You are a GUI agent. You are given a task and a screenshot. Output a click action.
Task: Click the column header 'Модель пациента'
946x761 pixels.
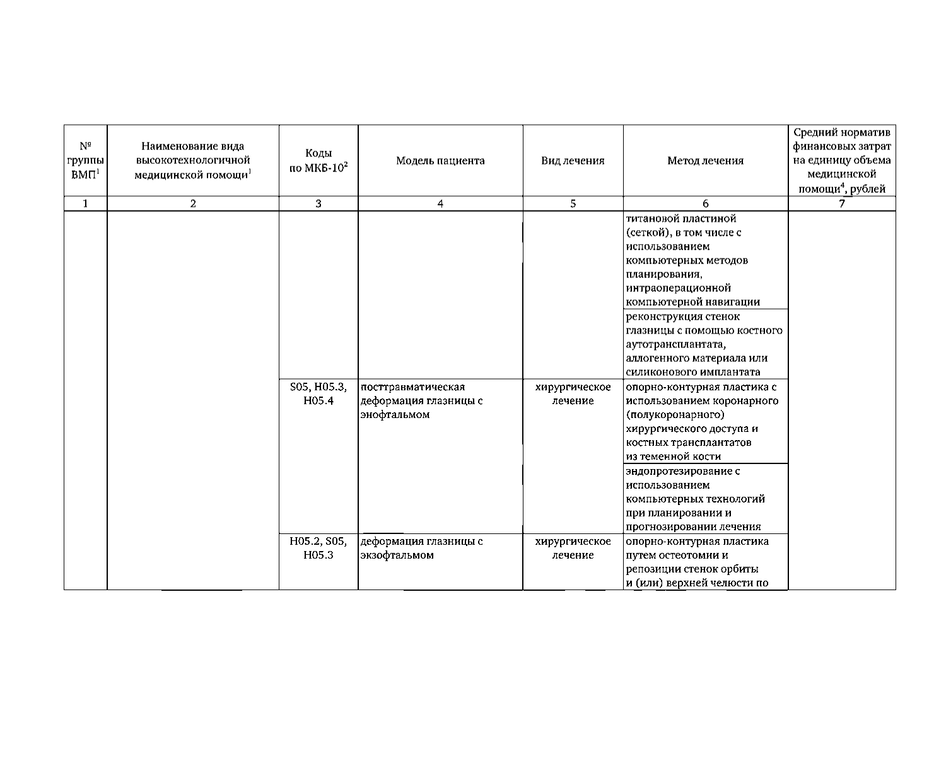tap(440, 161)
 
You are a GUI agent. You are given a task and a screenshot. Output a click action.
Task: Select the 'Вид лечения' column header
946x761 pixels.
tap(573, 161)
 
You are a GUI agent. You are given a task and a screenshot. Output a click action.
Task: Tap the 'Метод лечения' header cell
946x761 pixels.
tap(705, 161)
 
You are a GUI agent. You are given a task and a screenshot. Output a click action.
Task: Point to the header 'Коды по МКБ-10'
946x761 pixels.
tap(318, 161)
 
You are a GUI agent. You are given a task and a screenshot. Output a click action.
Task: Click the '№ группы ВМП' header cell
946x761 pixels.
tap(85, 161)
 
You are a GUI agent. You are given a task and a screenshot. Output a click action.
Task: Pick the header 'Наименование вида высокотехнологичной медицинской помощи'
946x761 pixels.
tap(193, 161)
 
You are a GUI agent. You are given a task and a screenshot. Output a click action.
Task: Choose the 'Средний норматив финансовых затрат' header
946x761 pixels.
tap(842, 161)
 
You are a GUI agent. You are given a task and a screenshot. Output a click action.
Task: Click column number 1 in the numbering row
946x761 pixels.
tap(85, 204)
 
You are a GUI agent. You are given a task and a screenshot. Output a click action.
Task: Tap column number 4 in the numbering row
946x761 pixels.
tap(440, 204)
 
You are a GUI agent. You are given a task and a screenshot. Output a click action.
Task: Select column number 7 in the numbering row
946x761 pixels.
tap(842, 204)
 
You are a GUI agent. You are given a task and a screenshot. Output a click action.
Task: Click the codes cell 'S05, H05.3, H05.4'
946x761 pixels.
tap(318, 394)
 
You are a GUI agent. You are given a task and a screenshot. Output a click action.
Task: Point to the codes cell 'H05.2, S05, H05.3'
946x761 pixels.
tap(318, 548)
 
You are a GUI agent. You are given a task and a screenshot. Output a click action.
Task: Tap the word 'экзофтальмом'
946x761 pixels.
tap(397, 555)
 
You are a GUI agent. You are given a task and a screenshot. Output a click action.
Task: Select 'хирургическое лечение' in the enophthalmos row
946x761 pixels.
tap(573, 394)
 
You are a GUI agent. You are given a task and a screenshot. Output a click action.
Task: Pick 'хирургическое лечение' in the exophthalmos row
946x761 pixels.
tap(573, 548)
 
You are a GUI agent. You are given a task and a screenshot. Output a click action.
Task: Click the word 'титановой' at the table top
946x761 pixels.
tap(650, 219)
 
